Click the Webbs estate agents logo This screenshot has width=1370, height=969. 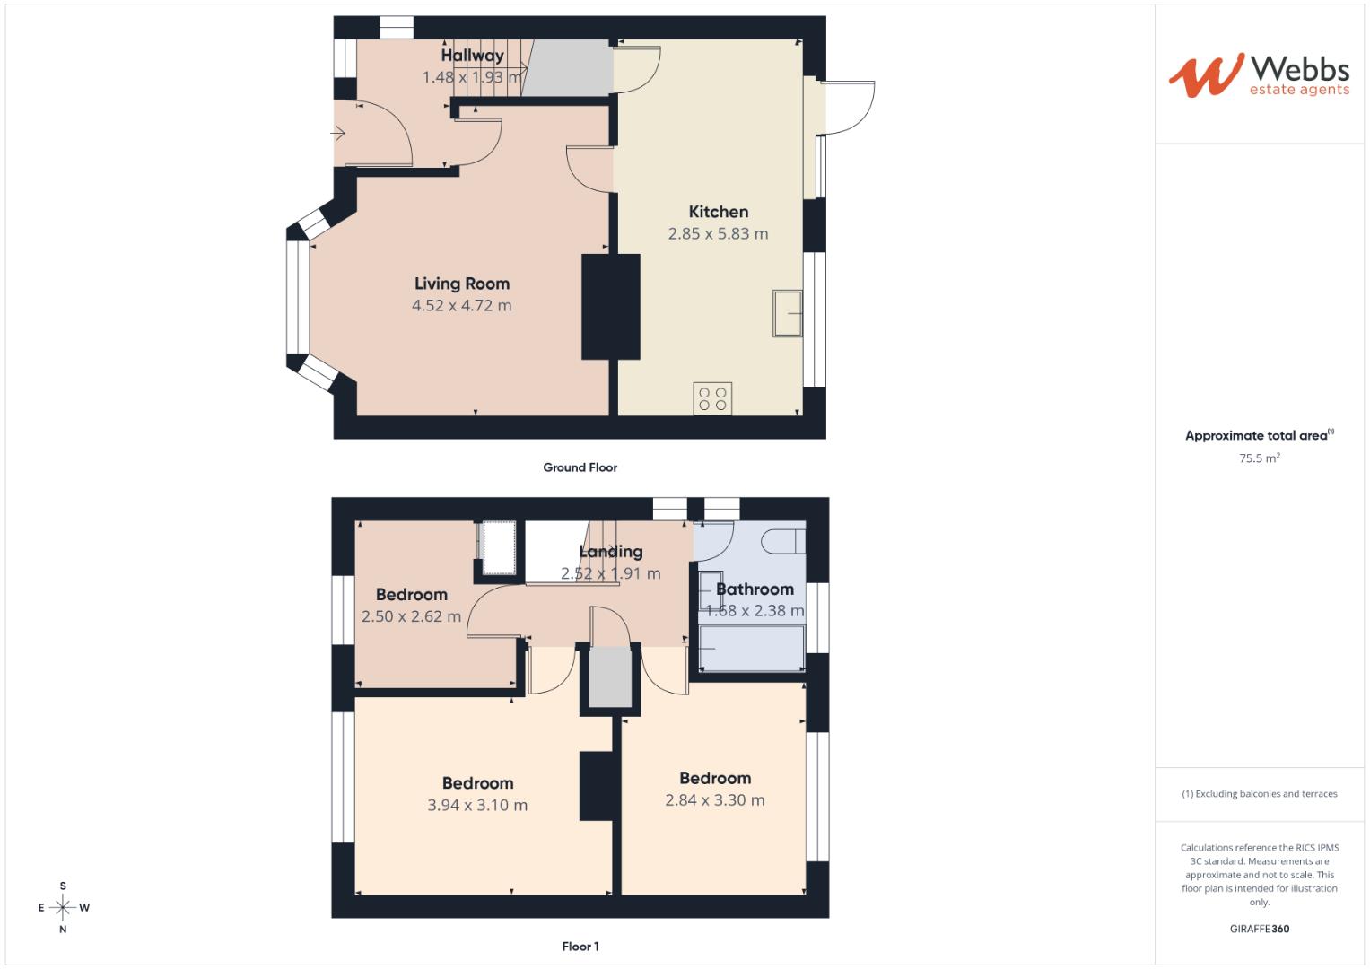click(1258, 75)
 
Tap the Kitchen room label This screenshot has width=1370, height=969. click(718, 212)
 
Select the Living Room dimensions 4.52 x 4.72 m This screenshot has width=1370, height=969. click(461, 306)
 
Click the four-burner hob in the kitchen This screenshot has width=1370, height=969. click(712, 398)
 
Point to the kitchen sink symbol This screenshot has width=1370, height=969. click(787, 313)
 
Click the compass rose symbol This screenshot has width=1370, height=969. click(63, 908)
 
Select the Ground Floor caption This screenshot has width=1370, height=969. click(580, 467)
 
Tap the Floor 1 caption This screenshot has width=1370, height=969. click(580, 947)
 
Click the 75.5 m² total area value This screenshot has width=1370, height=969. click(1259, 458)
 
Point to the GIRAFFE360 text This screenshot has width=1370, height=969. click(1259, 929)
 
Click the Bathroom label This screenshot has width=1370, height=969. click(755, 589)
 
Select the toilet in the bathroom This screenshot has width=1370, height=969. click(781, 541)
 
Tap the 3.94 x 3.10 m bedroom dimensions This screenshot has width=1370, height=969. click(477, 806)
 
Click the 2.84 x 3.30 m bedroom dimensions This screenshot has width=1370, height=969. click(714, 800)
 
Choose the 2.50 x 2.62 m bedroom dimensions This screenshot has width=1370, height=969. click(411, 616)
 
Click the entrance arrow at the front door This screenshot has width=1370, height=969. click(338, 134)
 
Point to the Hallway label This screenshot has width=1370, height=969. click(472, 56)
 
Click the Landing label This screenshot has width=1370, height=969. click(610, 552)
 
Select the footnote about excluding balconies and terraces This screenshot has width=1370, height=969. click(1259, 794)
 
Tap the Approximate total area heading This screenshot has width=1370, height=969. click(1256, 436)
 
